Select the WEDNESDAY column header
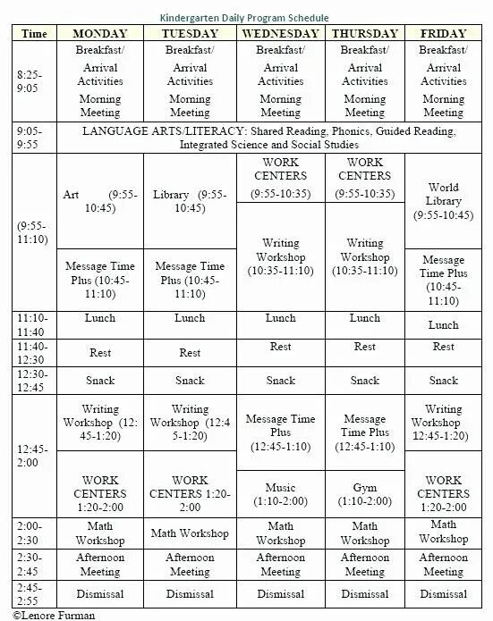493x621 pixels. coord(276,33)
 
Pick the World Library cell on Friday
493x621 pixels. coord(444,201)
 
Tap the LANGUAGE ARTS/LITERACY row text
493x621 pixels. coord(268,138)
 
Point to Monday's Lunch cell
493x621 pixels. coord(100,318)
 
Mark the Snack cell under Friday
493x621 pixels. coord(444,380)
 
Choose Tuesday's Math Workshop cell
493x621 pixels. coord(189,533)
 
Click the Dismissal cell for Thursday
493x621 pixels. coord(365,592)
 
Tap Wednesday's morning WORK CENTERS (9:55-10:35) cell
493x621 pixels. coord(276,177)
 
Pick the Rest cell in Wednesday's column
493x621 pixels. coord(276,347)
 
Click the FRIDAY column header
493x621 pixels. coord(444,33)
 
